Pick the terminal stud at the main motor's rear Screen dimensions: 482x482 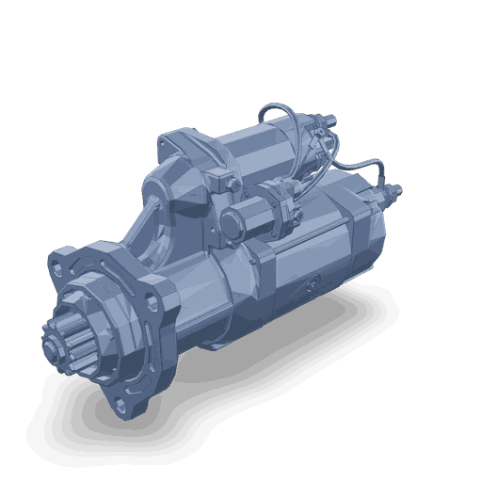(x=394, y=193)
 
